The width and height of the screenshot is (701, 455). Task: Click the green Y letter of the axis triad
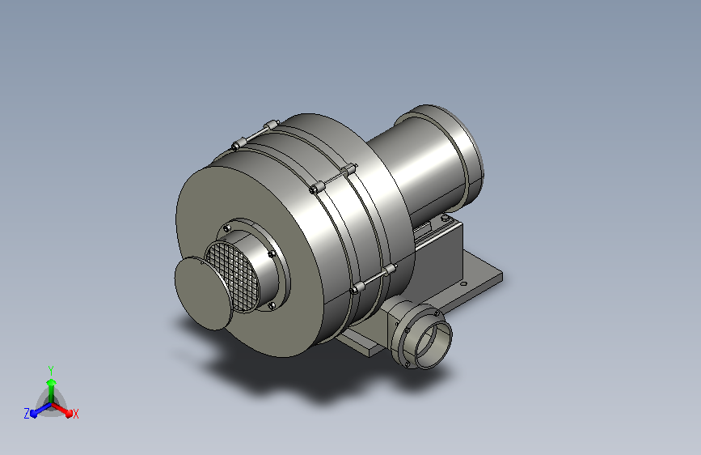[51, 370]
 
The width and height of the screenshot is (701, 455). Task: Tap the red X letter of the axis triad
[75, 414]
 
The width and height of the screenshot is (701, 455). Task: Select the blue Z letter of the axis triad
[27, 414]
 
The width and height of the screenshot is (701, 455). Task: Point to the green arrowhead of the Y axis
[51, 382]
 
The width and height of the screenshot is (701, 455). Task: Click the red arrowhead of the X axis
[68, 413]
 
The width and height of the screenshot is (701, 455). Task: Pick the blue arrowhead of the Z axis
[34, 414]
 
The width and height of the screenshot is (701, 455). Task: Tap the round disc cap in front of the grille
[202, 293]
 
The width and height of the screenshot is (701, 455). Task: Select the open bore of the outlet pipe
[433, 345]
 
